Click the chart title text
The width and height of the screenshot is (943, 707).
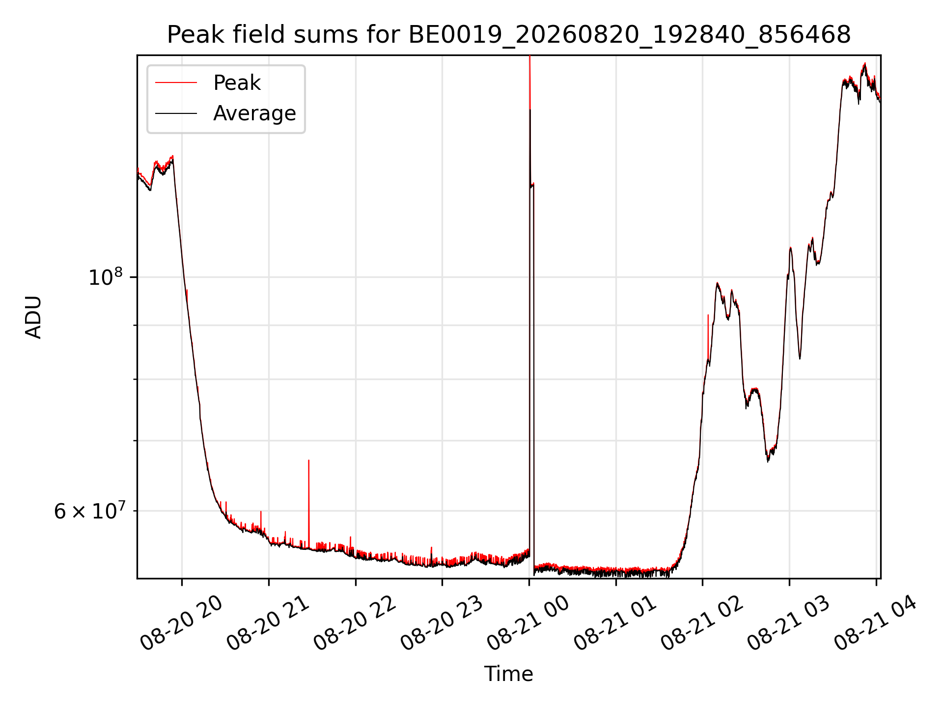[x=509, y=35]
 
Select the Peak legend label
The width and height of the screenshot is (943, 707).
[x=237, y=83]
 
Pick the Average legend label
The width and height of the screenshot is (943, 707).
[x=254, y=113]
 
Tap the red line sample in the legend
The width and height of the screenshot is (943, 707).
[x=176, y=83]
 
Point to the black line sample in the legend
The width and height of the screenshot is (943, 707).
[x=176, y=113]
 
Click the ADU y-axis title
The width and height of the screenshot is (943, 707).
[x=33, y=317]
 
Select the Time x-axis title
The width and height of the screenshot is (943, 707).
[x=509, y=674]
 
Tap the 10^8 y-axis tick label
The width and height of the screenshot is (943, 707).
[x=106, y=277]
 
